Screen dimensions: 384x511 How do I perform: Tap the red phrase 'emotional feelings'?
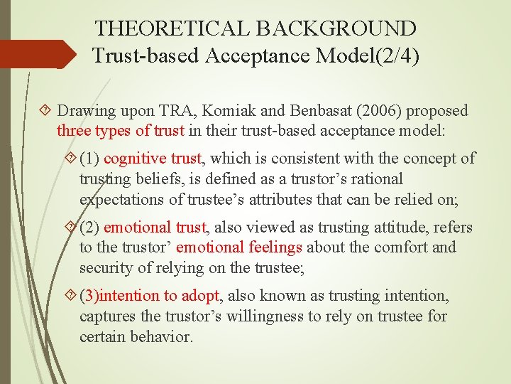(239, 247)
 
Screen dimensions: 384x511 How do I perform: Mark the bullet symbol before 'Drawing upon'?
(47, 111)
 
